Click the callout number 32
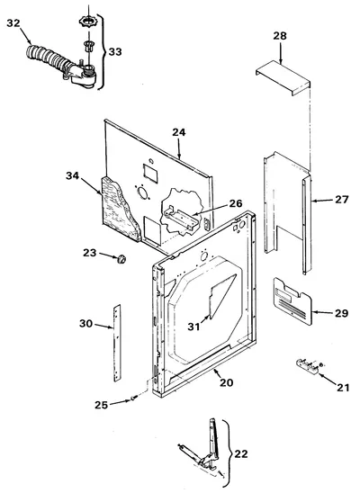pos(13,23)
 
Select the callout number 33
pos(115,51)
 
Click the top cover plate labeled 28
pos(283,77)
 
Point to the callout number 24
pos(179,132)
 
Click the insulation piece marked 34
pos(120,209)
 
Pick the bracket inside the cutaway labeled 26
pos(180,219)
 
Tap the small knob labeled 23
pos(121,258)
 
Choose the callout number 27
pos(341,200)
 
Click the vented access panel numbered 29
pos(292,301)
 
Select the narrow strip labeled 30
pos(117,343)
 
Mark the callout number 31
pos(193,327)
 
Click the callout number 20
pos(227,382)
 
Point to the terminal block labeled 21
pos(308,365)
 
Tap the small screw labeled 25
pos(133,398)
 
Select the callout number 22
pos(241,453)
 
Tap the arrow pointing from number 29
pos(322,312)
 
